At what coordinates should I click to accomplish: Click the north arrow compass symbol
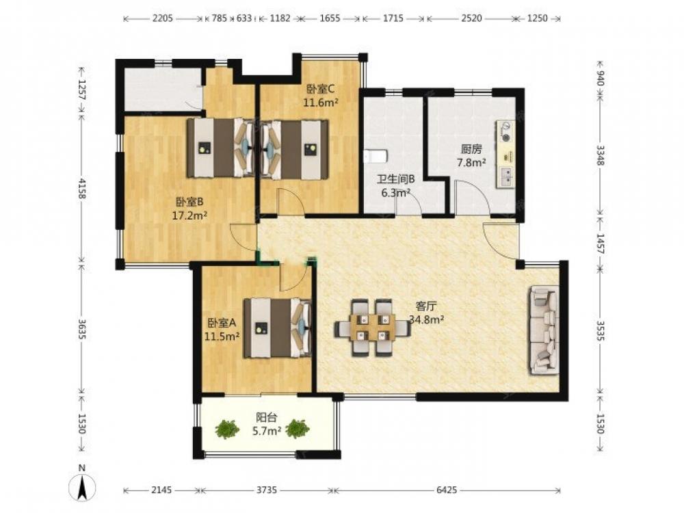coord(81,485)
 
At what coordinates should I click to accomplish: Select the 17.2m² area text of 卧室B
coord(189,215)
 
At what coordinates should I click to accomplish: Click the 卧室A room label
coord(222,323)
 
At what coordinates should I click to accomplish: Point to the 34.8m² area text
coord(426,319)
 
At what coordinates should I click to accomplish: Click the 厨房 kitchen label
coord(471,149)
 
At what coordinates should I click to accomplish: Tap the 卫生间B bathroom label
coord(395,179)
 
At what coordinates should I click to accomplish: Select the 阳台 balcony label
coord(267,417)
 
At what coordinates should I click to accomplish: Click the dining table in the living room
coord(372,327)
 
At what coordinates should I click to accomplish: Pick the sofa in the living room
coord(544,330)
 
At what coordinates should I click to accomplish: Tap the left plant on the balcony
coord(227,429)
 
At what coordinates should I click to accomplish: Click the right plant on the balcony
coord(298,429)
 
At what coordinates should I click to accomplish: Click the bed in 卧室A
coord(278,328)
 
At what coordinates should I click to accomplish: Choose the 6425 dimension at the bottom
coord(447,490)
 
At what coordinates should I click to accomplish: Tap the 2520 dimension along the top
coord(471,18)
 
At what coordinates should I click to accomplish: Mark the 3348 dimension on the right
coord(601,155)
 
